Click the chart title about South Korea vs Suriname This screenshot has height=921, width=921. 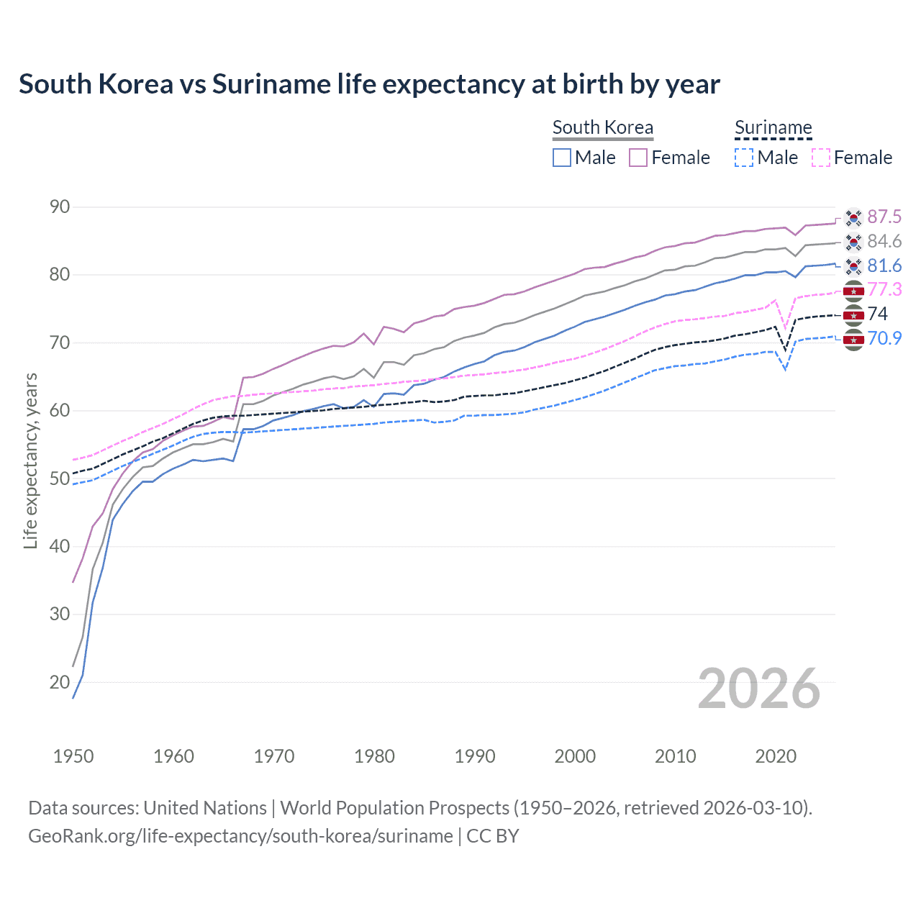[369, 84]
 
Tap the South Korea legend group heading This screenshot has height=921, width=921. [602, 128]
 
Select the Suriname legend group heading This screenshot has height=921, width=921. [773, 128]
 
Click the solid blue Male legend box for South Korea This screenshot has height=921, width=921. [562, 158]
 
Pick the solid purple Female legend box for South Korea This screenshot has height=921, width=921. [638, 158]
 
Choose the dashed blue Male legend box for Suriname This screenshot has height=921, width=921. [744, 158]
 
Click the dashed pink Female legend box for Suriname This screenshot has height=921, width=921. [820, 158]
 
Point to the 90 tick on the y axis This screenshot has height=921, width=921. [60, 207]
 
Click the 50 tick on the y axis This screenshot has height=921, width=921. [60, 478]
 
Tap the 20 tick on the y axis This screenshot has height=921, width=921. [60, 682]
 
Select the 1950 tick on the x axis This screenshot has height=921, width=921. [73, 756]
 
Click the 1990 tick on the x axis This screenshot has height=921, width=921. [475, 756]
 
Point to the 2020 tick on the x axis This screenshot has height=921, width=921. [776, 756]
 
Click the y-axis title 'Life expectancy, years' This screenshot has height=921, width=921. [30, 460]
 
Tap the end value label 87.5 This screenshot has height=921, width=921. [884, 217]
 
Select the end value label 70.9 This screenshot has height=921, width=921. [884, 338]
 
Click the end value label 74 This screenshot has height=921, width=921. [878, 314]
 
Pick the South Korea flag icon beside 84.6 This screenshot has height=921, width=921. [853, 242]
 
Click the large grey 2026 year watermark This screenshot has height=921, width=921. [759, 689]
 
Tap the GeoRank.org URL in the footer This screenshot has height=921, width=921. [240, 836]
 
